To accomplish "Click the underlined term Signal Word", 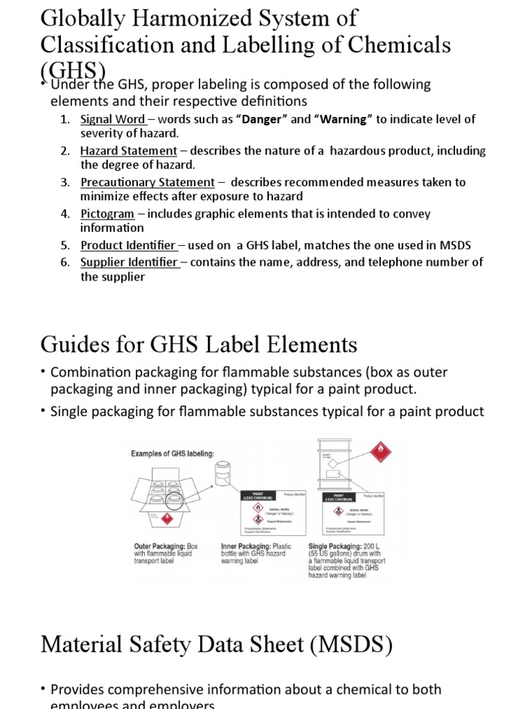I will [112, 119].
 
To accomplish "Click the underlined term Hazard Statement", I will [129, 151].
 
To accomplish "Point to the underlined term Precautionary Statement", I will [148, 182].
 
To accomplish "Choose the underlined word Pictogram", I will [107, 214].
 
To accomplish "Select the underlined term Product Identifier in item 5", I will [128, 245].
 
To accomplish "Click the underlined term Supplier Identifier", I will [130, 262].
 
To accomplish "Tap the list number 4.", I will [65, 214].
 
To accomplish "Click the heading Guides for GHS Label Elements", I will [199, 343].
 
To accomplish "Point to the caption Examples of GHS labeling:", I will [172, 454].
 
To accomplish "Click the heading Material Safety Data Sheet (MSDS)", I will [216, 645].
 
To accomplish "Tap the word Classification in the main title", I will [109, 44].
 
